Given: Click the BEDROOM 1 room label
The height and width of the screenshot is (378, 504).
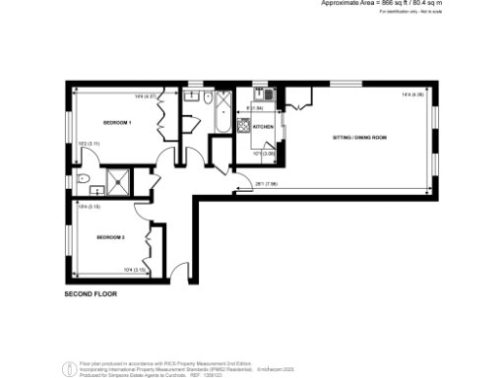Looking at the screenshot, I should click(117, 122).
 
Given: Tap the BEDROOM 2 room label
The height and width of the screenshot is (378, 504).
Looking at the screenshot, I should click(110, 237).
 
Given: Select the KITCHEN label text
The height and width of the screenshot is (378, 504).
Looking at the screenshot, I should click(264, 128).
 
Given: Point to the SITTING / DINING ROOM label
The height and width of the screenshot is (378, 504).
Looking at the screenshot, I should click(358, 137).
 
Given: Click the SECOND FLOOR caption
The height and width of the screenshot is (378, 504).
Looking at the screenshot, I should click(92, 294).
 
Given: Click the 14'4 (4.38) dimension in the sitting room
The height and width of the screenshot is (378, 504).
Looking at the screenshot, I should click(412, 94).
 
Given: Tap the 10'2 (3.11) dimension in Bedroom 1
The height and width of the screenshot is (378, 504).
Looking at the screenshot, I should click(89, 145).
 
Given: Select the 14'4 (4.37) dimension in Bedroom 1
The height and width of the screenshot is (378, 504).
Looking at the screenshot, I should click(147, 95).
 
